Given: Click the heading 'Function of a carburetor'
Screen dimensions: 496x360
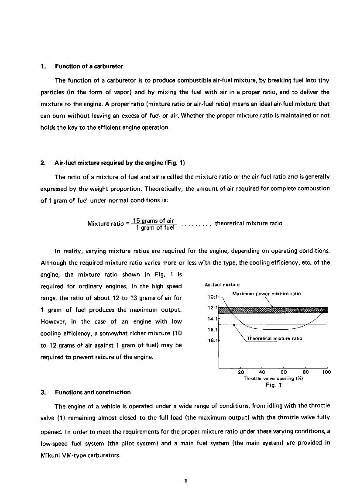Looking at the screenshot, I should coord(89,66).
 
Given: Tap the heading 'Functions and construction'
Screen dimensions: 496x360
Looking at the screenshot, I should coord(93,392).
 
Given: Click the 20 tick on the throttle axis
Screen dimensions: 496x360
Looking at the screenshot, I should coord(241,372).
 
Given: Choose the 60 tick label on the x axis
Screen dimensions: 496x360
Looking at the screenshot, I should coord(284,372).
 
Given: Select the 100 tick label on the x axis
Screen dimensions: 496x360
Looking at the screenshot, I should coord(326,372).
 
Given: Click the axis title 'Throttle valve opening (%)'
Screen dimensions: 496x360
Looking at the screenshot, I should coord(273,379).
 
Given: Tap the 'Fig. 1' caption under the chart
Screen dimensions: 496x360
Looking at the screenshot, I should coord(274,386).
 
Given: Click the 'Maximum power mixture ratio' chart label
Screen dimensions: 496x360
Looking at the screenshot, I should coord(267,294).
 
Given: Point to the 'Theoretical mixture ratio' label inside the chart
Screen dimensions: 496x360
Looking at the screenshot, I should coord(274,338).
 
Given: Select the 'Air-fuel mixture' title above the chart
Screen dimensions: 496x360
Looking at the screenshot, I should coord(222,285).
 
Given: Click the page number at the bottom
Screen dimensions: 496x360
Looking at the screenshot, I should coord(185,481).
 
